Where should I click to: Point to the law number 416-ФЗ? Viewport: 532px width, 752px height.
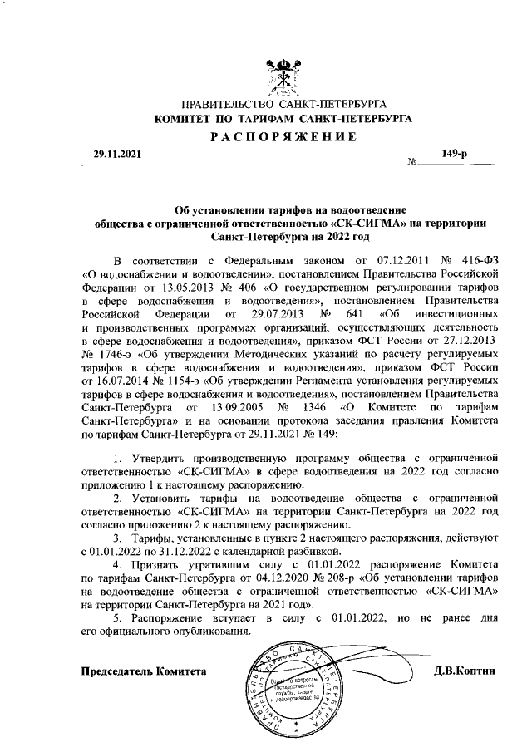click(x=477, y=258)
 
